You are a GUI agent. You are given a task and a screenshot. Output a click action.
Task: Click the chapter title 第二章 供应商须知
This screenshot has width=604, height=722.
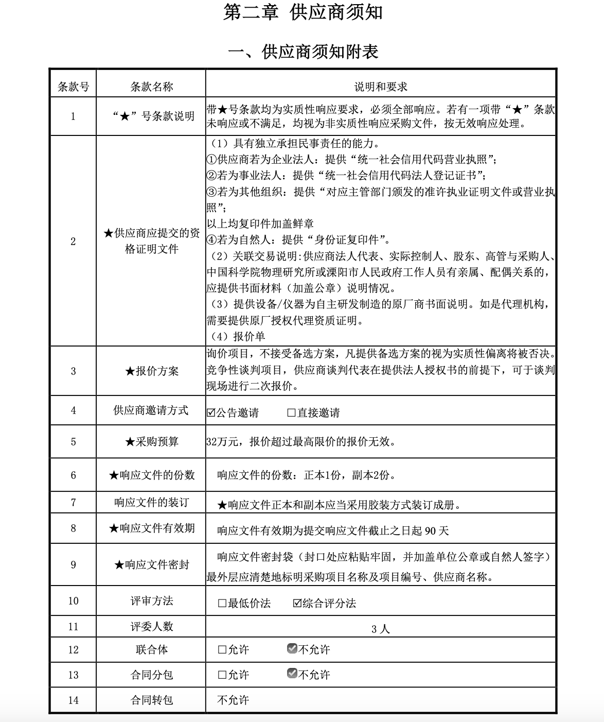point(303,13)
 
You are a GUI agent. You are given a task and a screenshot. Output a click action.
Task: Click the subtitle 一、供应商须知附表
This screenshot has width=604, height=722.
point(303,51)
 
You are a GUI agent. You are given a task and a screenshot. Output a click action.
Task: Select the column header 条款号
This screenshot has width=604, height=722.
point(73,87)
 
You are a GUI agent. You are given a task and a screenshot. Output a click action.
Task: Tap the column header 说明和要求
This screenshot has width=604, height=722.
point(380,87)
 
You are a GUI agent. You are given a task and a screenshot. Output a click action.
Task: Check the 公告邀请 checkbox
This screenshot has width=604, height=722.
point(211,413)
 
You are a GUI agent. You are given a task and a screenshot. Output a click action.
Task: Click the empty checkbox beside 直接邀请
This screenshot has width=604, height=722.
point(291,413)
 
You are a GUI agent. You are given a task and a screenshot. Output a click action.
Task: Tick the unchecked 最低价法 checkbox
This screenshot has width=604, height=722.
point(222,604)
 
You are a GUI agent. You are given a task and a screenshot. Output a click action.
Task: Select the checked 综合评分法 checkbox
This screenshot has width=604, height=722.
point(297,604)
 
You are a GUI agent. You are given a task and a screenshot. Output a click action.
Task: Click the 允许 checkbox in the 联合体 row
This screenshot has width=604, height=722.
point(222,650)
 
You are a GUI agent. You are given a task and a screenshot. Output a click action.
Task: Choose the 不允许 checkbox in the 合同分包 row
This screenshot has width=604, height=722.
point(292,674)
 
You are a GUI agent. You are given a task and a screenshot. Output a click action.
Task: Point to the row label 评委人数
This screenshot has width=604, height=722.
point(151,627)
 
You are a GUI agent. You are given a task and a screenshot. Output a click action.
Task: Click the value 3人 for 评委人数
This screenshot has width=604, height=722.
point(380,629)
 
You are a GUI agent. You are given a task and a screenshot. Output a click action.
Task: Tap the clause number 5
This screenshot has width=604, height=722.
point(73,442)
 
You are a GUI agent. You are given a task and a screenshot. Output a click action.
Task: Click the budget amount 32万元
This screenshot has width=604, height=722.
point(222,442)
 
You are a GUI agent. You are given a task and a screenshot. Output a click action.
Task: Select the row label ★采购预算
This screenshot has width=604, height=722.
point(151,442)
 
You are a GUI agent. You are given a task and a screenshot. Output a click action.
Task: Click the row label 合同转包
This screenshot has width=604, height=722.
point(151,700)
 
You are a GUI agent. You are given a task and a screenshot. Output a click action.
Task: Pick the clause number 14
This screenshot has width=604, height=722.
point(73,700)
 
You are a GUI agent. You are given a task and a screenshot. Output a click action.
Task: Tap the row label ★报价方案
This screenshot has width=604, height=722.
point(151,371)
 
